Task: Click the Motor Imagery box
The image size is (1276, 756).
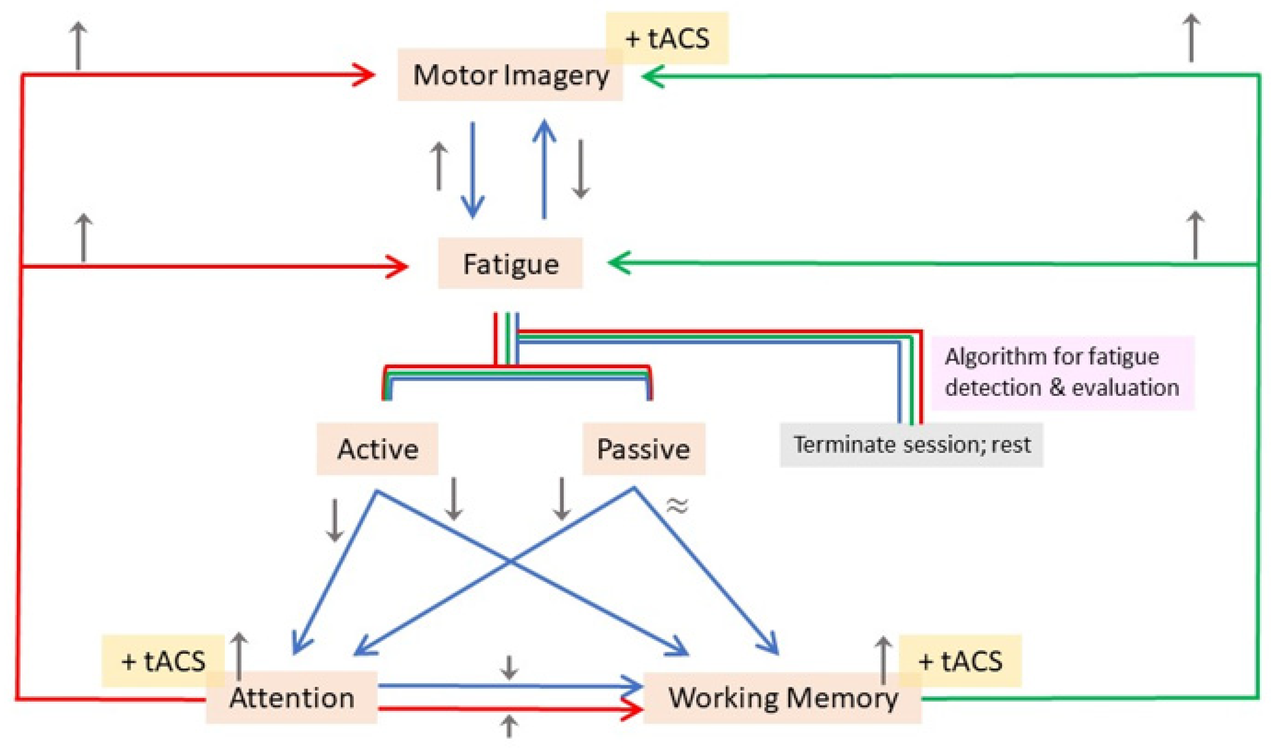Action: point(510,75)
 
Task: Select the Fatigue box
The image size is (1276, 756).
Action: point(510,264)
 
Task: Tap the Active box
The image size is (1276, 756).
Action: point(378,449)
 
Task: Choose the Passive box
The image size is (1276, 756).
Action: point(643,449)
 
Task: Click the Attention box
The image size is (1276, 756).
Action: point(291,698)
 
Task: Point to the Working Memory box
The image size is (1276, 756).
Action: point(782,698)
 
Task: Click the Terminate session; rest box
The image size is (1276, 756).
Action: point(911,445)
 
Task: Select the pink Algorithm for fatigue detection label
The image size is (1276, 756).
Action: point(1062,372)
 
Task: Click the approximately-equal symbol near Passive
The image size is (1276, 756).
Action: point(677,506)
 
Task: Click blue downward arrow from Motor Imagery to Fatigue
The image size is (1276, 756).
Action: point(473,168)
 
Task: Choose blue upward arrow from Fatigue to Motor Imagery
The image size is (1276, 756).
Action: point(544,168)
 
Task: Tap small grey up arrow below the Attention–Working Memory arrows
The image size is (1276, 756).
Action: point(508,727)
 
